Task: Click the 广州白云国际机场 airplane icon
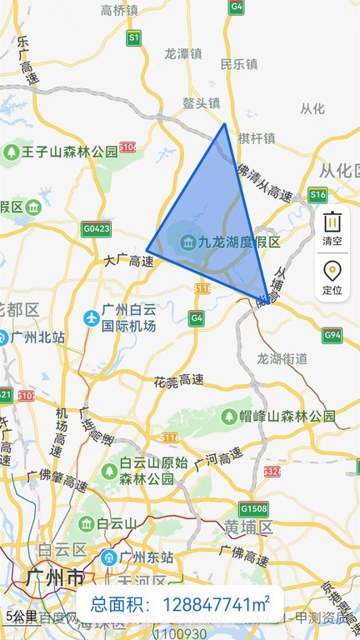(x=92, y=317)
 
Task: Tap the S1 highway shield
(x=133, y=37)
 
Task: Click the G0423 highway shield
(x=96, y=227)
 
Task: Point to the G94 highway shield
(x=332, y=336)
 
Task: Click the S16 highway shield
(x=317, y=195)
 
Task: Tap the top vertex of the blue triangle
(x=224, y=124)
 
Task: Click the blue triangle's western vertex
(x=147, y=249)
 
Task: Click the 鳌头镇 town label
(x=201, y=103)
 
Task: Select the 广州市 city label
(x=53, y=577)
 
